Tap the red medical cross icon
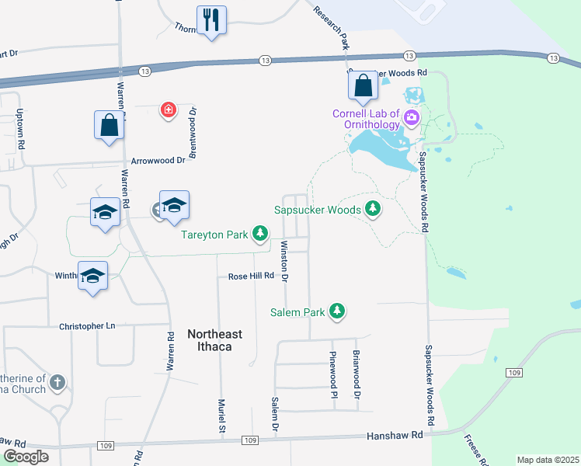click(x=168, y=110)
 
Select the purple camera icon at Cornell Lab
click(x=412, y=119)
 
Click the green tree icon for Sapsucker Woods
click(x=374, y=209)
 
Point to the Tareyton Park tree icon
click(x=260, y=233)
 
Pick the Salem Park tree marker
click(x=337, y=311)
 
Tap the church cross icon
click(x=57, y=382)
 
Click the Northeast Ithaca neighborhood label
click(x=215, y=340)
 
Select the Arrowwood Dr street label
click(x=158, y=160)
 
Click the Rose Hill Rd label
click(x=252, y=276)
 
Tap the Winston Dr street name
click(x=284, y=262)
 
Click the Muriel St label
click(x=221, y=418)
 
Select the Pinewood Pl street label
click(x=333, y=373)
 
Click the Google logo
click(x=26, y=457)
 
